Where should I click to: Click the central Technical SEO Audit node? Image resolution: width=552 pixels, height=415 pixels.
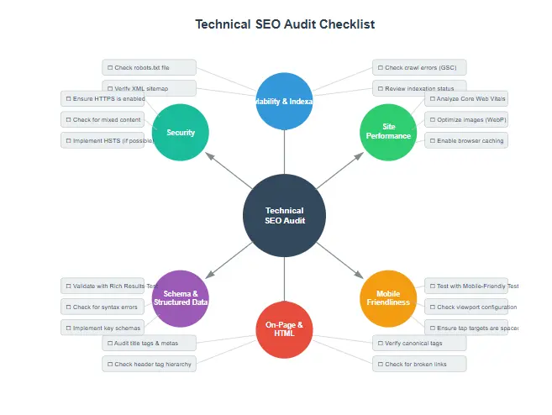284,215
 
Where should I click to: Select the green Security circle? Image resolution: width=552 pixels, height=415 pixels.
180,132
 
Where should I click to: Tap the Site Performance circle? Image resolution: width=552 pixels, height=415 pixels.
387,132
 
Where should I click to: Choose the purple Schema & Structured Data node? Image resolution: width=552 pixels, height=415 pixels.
180,298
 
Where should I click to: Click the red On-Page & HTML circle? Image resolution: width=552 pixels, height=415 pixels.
284,328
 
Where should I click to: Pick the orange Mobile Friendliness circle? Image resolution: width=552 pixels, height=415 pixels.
387,298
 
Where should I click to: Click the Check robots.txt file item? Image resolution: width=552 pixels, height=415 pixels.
150,67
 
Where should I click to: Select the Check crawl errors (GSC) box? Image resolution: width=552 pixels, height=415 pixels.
419,67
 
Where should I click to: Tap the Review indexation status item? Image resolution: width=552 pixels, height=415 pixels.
419,88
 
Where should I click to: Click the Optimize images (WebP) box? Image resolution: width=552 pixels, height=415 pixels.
465,119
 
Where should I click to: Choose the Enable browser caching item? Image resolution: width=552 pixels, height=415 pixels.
465,140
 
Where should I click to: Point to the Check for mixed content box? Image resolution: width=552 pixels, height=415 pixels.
103,119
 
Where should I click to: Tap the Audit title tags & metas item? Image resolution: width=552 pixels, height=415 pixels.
150,343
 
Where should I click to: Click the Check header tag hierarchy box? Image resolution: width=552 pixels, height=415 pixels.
150,364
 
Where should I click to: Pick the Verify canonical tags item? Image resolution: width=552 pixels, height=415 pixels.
419,343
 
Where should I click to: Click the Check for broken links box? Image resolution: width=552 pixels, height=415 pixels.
419,364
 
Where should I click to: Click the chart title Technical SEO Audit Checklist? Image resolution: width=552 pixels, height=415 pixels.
285,24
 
